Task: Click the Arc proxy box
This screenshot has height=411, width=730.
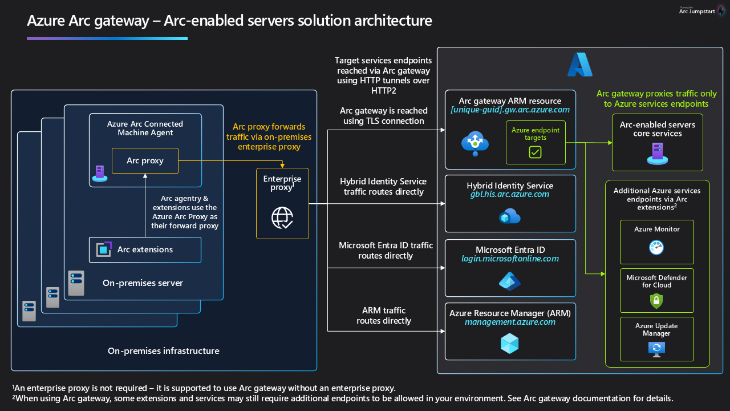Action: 145,160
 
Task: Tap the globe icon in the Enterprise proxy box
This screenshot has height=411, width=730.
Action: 282,217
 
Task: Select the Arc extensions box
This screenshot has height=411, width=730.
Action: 145,249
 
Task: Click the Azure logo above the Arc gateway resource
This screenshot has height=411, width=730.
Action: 579,65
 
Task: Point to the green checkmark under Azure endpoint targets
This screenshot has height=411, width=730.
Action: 535,152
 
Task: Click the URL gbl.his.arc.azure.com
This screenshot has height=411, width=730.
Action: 510,194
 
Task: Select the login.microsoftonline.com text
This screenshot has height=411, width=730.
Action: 510,259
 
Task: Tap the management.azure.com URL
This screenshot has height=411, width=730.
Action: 510,322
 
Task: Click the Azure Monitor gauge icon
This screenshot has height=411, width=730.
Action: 656,247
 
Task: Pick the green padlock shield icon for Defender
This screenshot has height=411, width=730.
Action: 656,300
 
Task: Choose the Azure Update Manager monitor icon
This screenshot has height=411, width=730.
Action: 656,348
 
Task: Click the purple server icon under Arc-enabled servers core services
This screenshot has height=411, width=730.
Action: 657,154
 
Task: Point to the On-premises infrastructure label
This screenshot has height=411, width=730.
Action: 163,350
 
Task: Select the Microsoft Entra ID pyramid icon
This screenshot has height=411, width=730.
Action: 510,281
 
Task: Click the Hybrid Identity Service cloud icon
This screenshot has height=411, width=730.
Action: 510,216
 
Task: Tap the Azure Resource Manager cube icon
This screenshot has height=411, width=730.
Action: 510,344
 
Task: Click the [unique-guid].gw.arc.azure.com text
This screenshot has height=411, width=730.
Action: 510,110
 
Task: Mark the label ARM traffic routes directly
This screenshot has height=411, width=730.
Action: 383,316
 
